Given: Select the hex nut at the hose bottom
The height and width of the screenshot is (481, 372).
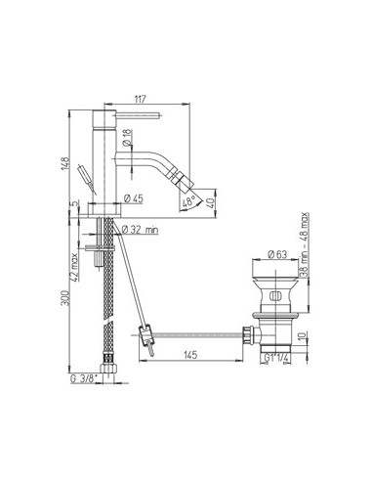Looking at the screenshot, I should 104,372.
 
